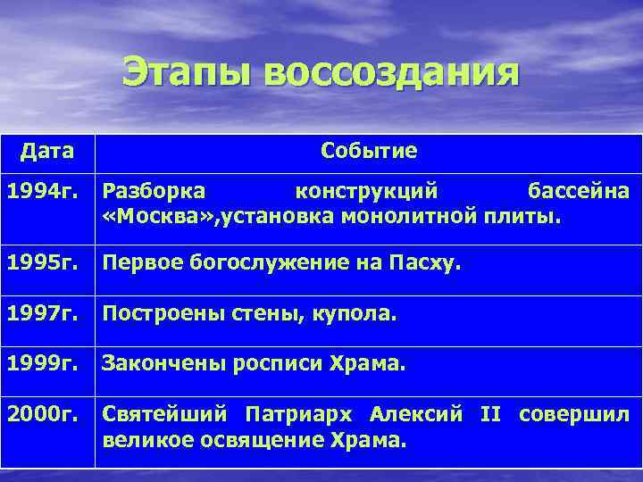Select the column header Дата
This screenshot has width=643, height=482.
coord(46,150)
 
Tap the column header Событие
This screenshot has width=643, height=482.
coord(368,150)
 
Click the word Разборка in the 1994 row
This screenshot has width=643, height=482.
coord(154,190)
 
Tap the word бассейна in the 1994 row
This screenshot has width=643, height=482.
coord(578,190)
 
